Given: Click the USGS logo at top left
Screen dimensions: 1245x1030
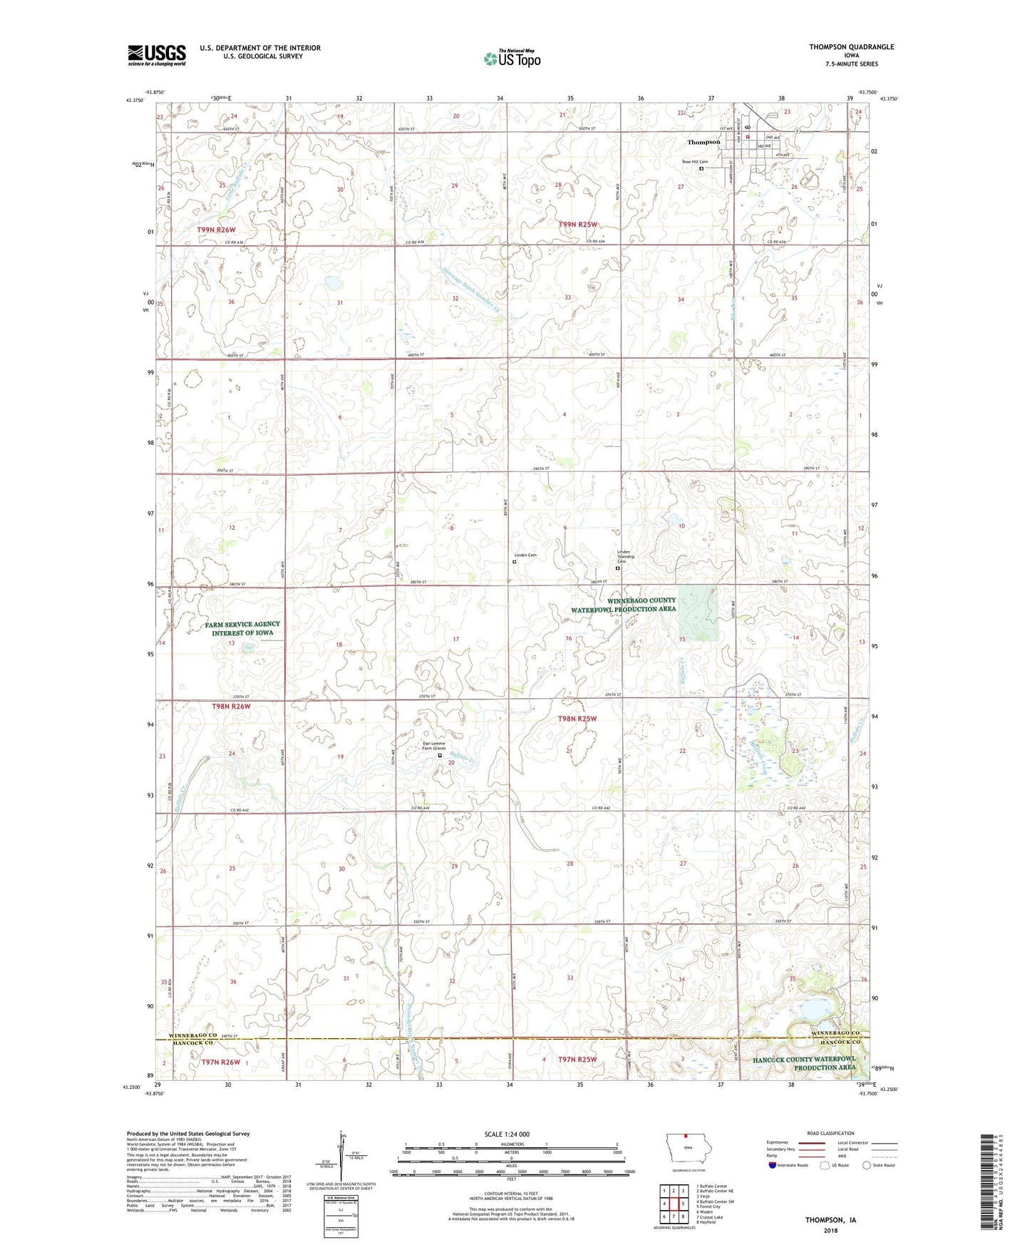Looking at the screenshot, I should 156,55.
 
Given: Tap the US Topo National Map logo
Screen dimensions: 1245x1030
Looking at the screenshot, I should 512,58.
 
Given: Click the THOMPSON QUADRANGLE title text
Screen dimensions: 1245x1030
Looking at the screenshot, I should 850,47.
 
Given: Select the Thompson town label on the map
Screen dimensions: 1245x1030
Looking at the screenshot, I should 704,142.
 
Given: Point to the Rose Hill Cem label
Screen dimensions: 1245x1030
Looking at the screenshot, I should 694,162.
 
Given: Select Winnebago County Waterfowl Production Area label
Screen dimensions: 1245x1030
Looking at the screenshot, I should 623,605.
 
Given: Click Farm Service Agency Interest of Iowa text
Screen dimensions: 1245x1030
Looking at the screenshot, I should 242,628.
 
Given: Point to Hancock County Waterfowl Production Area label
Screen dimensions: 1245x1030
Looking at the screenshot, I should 804,1063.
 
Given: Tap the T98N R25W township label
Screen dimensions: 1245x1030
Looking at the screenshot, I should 577,719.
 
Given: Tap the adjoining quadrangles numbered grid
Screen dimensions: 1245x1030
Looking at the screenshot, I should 673,1204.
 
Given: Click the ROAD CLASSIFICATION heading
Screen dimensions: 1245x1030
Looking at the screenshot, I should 831,1133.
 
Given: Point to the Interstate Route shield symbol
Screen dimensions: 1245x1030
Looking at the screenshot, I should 773,1165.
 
